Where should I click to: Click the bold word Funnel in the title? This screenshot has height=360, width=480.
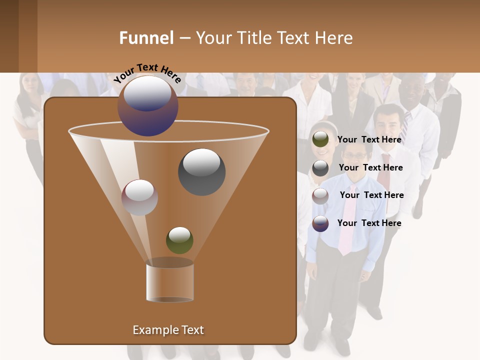pyautogui.click(x=146, y=38)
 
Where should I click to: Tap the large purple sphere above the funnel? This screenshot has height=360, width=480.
pyautogui.click(x=148, y=106)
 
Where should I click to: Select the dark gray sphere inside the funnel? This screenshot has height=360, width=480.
pyautogui.click(x=201, y=171)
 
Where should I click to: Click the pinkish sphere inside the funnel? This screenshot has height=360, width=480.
pyautogui.click(x=139, y=197)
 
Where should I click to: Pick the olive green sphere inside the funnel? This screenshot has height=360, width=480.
pyautogui.click(x=179, y=240)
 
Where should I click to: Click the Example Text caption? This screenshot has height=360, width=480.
pyautogui.click(x=168, y=330)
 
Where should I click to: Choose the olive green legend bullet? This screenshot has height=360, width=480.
pyautogui.click(x=320, y=140)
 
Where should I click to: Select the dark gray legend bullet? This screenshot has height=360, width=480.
pyautogui.click(x=320, y=168)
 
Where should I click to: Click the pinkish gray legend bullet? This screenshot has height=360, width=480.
pyautogui.click(x=320, y=195)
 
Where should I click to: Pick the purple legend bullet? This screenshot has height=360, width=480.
pyautogui.click(x=320, y=223)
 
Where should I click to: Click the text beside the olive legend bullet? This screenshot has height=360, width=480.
pyautogui.click(x=369, y=140)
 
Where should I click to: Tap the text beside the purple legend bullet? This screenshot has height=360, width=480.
pyautogui.click(x=369, y=223)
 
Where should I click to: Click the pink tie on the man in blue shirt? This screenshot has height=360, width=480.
pyautogui.click(x=346, y=220)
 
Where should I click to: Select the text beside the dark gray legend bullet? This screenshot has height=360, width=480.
pyautogui.click(x=370, y=167)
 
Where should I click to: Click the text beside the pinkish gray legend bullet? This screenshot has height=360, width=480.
pyautogui.click(x=371, y=195)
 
